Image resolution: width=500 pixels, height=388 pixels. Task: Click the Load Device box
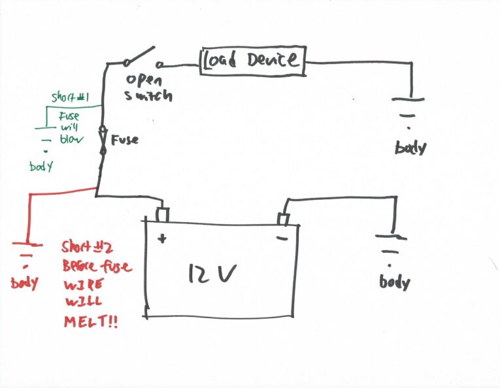click(252, 60)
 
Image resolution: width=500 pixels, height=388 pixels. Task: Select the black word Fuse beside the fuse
click(125, 140)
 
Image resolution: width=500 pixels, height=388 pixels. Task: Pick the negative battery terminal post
click(284, 216)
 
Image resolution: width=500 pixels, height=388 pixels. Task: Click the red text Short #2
click(88, 247)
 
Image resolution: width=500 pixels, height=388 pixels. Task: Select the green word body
click(41, 167)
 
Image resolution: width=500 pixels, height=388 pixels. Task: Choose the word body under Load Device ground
click(410, 147)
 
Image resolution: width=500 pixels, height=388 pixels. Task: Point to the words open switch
click(149, 88)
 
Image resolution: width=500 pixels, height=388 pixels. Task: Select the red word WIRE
click(80, 285)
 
